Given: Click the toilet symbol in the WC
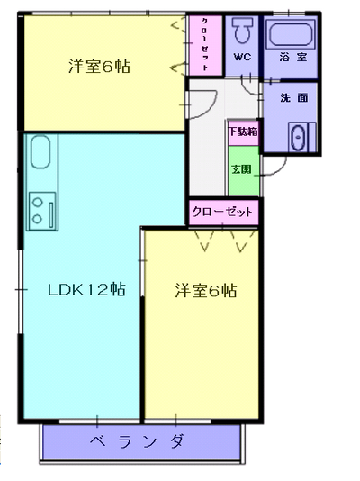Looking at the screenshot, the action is point(243,30).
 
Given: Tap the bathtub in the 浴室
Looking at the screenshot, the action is point(290,34).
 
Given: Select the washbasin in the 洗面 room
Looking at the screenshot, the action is point(298,138).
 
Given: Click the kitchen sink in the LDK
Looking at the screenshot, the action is point(40,152).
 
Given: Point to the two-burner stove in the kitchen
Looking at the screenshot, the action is point(42,211).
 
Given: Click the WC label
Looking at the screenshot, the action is point(242,57).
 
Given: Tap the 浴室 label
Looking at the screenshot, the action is point(292,57).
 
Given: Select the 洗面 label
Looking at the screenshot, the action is point(293,97).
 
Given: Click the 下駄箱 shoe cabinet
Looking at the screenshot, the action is point(243,132).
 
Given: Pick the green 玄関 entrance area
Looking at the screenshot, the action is point(244,170).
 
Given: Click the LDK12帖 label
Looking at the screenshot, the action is point(86,289).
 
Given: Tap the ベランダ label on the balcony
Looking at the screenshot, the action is point(137,441).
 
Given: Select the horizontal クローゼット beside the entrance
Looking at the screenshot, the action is point(223,212).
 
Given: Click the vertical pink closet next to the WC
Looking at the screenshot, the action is point(205,45).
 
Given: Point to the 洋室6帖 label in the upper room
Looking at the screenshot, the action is point(100,66).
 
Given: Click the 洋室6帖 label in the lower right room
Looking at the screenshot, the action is point(206,290).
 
